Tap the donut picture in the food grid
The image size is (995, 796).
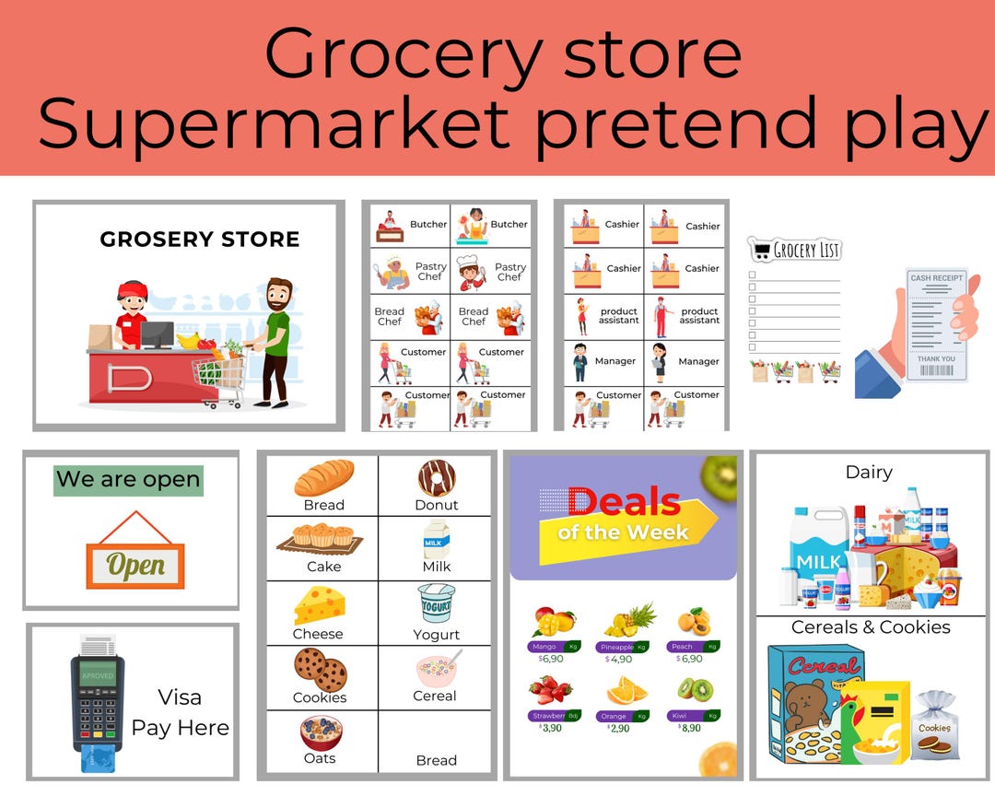pos(436,478)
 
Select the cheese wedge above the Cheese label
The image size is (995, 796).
pos(319,605)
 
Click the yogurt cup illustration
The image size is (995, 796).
pos(436,604)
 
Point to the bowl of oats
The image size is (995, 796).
pos(321,732)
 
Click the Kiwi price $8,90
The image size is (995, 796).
pos(690,727)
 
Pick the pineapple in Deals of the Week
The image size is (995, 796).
pos(629,620)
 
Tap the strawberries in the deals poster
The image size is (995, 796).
pos(551,690)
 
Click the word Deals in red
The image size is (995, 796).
pos(624,501)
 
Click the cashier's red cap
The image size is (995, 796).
pos(133,290)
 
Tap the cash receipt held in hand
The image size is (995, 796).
pos(935,325)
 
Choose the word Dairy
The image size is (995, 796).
pos(869,472)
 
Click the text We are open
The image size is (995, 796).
pos(128,480)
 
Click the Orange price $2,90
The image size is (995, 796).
pos(619,728)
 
